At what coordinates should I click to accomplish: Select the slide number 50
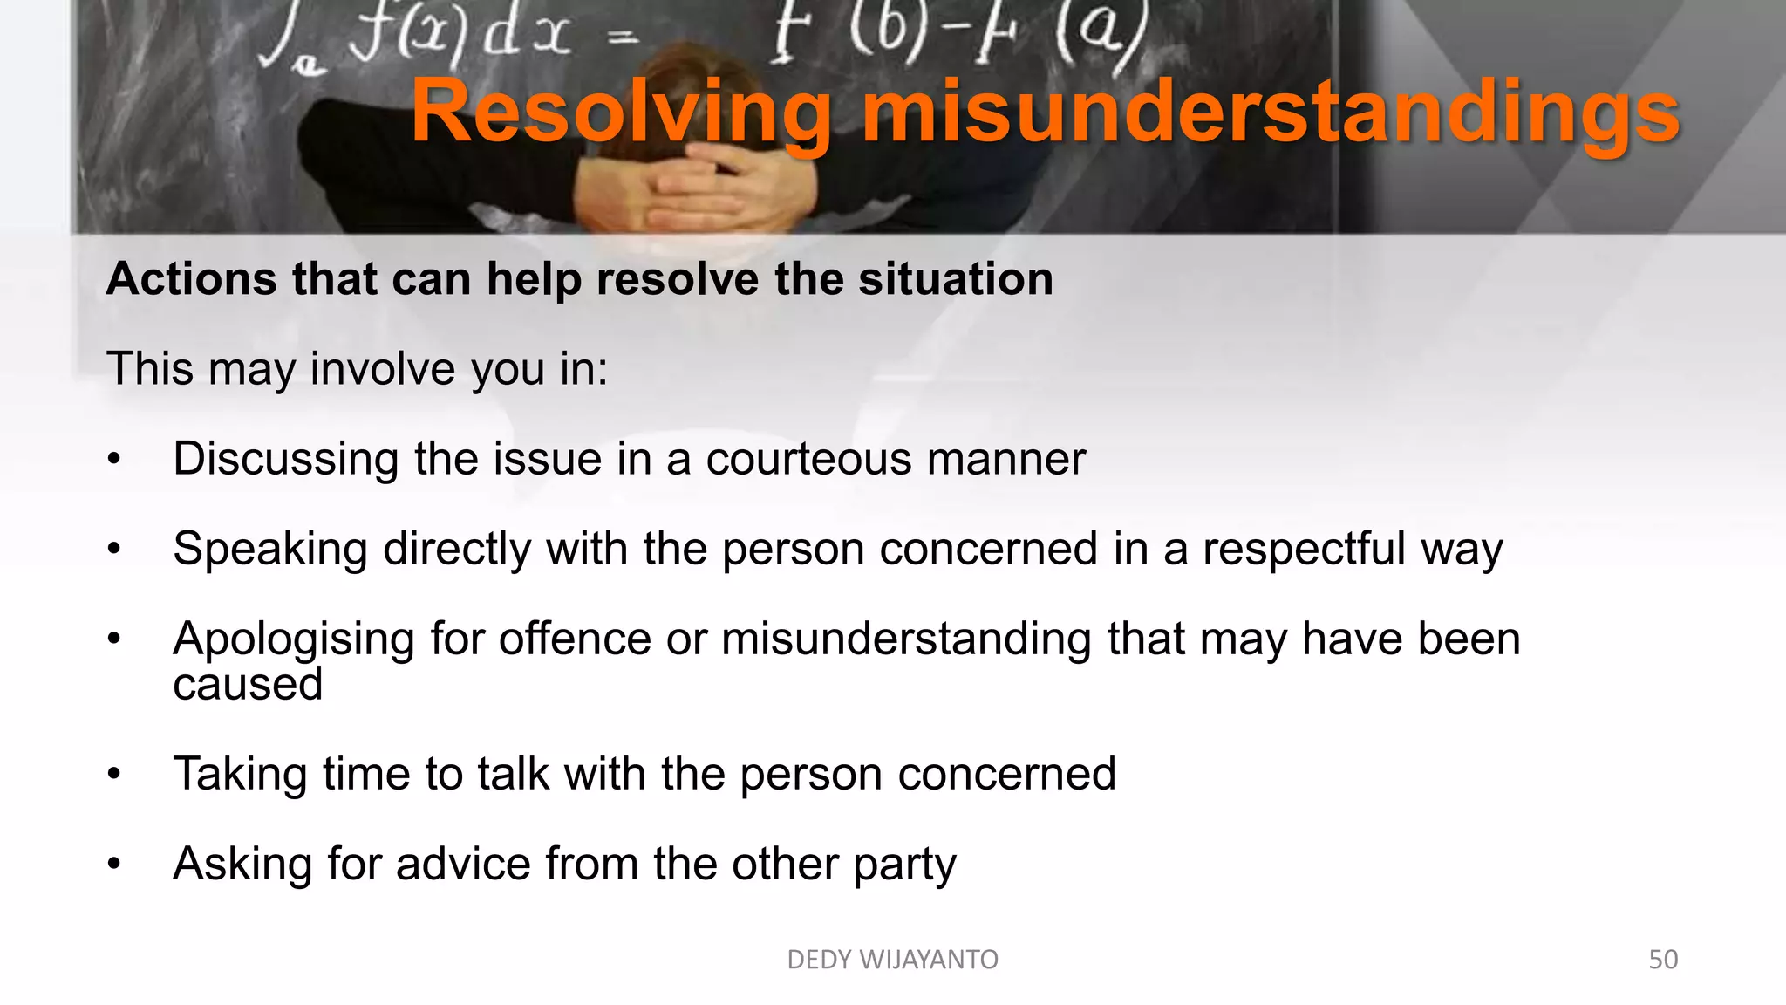(1662, 960)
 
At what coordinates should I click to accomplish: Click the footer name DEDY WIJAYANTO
(892, 960)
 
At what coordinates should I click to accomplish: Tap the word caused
(248, 684)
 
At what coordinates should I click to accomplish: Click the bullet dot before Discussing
(114, 460)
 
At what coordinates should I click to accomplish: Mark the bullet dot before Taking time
(114, 775)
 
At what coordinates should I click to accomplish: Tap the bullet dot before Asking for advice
(114, 865)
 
